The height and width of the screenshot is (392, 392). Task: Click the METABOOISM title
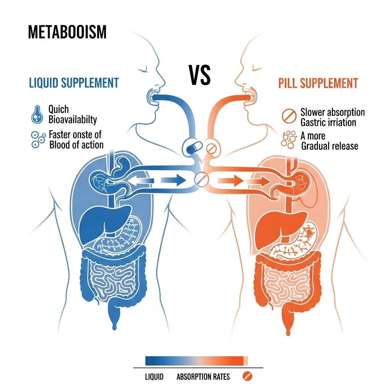67,32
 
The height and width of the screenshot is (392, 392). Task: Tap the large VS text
199,75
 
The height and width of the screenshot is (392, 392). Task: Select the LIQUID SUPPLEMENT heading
74,83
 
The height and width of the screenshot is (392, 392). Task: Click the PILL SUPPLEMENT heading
318,83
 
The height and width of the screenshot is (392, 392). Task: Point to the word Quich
59,109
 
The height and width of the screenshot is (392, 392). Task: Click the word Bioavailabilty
72,119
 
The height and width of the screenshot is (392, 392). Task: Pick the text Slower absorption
333,112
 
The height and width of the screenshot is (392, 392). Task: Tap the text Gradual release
330,146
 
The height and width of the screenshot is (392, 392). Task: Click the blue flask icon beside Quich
37,114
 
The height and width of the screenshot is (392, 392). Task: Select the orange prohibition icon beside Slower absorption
289,116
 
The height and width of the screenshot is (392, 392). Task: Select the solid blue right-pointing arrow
173,180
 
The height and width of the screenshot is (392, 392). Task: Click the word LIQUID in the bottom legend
154,377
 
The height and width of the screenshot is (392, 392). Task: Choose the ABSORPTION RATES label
203,377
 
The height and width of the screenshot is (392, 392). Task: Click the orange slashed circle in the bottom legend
247,376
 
